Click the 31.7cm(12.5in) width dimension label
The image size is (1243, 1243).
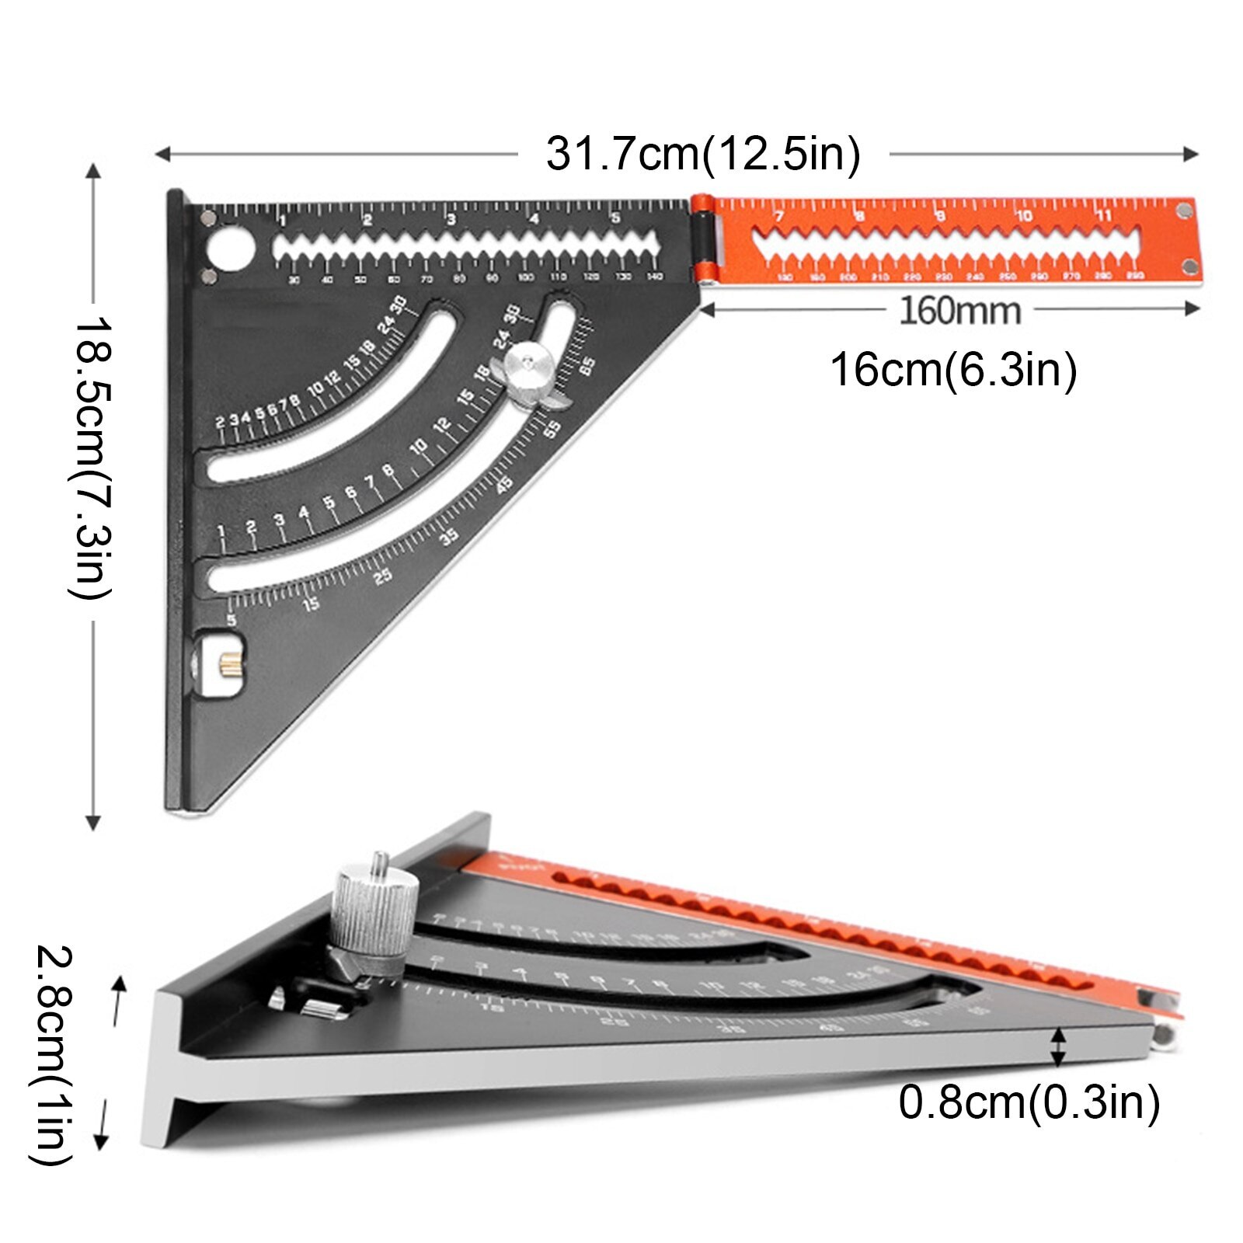pyautogui.click(x=703, y=154)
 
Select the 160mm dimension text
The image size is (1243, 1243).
pyautogui.click(x=959, y=311)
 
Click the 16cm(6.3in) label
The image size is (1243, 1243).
pyautogui.click(x=953, y=369)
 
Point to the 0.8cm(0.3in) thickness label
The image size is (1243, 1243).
pyautogui.click(x=1029, y=1102)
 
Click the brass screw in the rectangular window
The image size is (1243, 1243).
pyautogui.click(x=228, y=664)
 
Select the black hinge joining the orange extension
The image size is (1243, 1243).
pyautogui.click(x=702, y=239)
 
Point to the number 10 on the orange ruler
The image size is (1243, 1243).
pyautogui.click(x=1023, y=215)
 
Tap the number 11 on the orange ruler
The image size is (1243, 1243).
pyautogui.click(x=1104, y=215)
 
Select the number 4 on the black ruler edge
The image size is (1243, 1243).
pyautogui.click(x=534, y=220)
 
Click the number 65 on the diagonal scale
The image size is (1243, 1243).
pyautogui.click(x=587, y=365)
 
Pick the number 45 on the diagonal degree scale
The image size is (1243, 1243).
pyautogui.click(x=504, y=484)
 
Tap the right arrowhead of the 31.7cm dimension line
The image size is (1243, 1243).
pyautogui.click(x=1191, y=154)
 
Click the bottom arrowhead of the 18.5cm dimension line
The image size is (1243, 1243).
pyautogui.click(x=93, y=823)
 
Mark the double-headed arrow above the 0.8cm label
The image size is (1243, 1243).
pyautogui.click(x=1057, y=1046)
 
